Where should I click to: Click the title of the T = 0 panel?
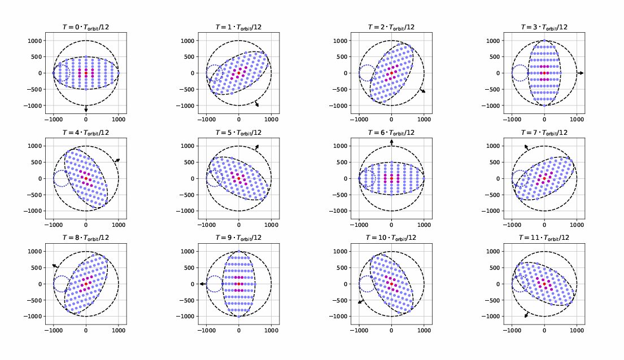[x=86, y=27]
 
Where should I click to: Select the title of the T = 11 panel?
[x=544, y=238]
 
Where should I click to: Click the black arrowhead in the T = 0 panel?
[x=86, y=109]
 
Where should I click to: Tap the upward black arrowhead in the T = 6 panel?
[x=391, y=142]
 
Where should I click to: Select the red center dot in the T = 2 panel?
[x=391, y=73]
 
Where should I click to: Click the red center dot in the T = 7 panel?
[x=544, y=178]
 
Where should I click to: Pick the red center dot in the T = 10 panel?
[x=391, y=284]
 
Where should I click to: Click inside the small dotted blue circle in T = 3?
[x=520, y=73]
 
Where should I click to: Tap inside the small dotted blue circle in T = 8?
[x=62, y=284]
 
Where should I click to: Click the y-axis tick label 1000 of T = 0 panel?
[x=38, y=41]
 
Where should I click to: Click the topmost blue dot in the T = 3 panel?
[x=544, y=41]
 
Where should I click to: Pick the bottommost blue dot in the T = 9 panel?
[x=238, y=317]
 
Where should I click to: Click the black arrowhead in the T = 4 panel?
[x=117, y=160]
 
